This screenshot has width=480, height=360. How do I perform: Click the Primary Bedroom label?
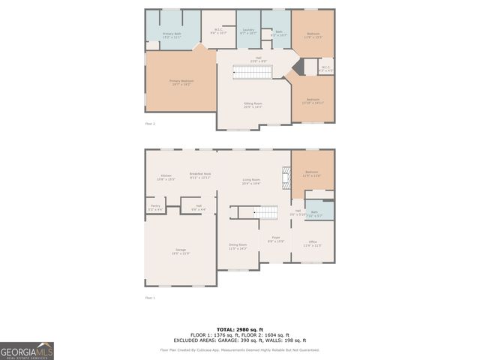(181, 82)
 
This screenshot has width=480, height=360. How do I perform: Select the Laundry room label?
(248, 31)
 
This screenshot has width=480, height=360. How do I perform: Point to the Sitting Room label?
(253, 104)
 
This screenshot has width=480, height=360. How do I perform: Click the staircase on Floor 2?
(254, 72)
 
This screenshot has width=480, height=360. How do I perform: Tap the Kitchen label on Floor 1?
(166, 177)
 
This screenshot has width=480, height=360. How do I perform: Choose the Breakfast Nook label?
(200, 175)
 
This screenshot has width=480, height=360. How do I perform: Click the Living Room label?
(250, 181)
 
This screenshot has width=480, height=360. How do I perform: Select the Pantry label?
(155, 207)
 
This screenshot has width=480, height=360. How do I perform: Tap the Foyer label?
(276, 239)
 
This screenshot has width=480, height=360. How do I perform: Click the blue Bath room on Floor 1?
(315, 213)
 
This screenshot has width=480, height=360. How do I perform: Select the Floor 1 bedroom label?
(312, 174)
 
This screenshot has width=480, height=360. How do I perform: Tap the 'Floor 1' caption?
(150, 298)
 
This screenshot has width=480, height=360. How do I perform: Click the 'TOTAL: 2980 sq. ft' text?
(237, 328)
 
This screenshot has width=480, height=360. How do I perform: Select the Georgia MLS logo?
(27, 350)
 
